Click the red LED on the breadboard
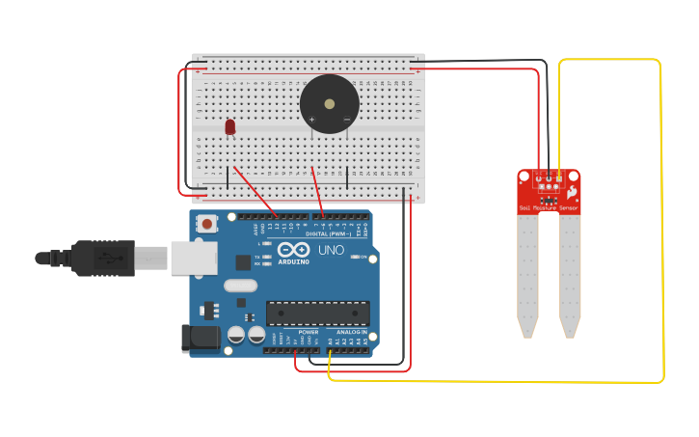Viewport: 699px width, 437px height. point(229,126)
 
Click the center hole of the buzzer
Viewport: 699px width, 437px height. point(329,104)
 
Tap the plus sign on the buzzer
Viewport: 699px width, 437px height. point(311,119)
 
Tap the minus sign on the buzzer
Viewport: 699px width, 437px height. point(346,119)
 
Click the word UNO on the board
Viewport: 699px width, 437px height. point(331,249)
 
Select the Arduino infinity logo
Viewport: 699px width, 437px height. point(293,249)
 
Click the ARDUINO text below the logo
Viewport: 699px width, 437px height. point(293,261)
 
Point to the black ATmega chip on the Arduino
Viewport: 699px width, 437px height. point(317,313)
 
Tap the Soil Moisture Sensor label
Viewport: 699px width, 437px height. point(549,207)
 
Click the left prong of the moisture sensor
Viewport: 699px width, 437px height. point(526,274)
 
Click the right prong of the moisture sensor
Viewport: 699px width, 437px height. point(570,274)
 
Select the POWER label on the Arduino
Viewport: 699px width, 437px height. point(308,332)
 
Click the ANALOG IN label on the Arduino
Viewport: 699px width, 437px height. point(351,332)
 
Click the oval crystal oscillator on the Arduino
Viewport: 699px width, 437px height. point(240,286)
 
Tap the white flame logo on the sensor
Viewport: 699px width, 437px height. point(571,192)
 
